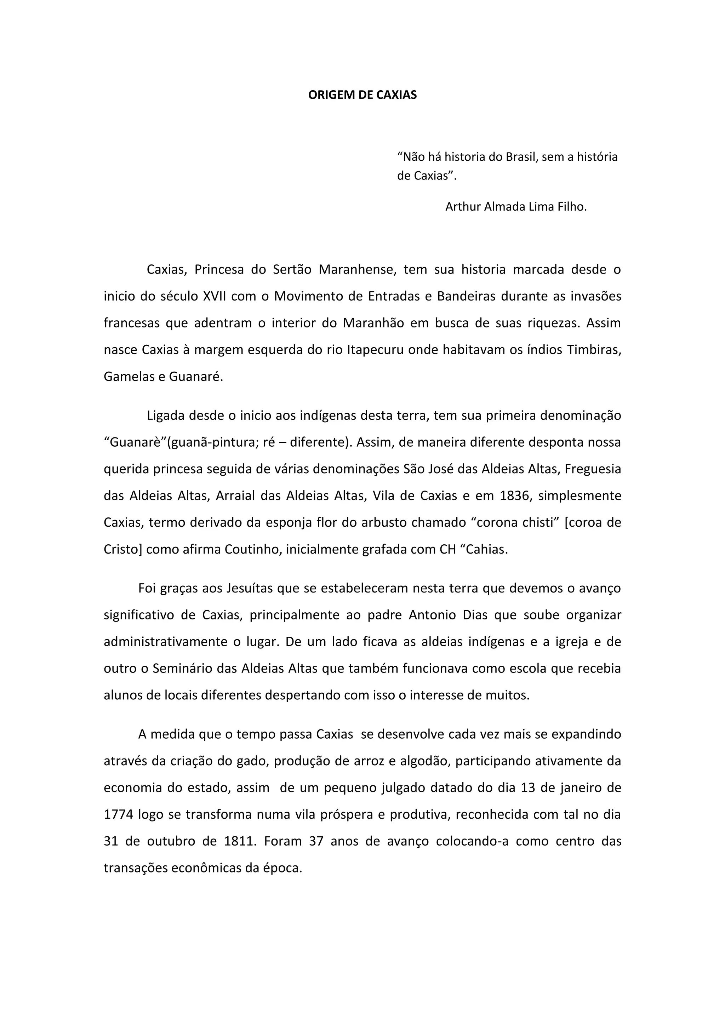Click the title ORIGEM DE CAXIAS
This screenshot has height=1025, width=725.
click(362, 95)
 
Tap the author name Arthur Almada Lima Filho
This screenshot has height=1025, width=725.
click(516, 207)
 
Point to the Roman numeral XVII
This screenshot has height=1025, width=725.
click(214, 297)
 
